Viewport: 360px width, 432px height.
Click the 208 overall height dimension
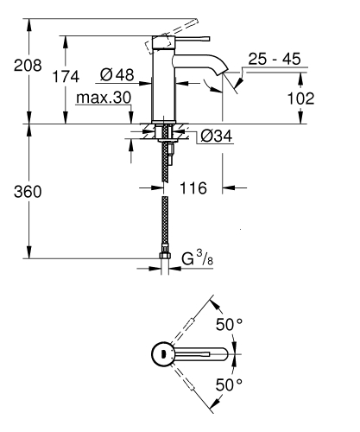18,66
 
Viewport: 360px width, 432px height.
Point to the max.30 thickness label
102,98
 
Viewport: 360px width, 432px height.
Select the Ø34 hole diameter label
216,135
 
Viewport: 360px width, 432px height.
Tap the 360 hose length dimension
18,190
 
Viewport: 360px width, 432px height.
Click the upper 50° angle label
229,325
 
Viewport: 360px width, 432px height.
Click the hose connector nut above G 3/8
165,257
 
